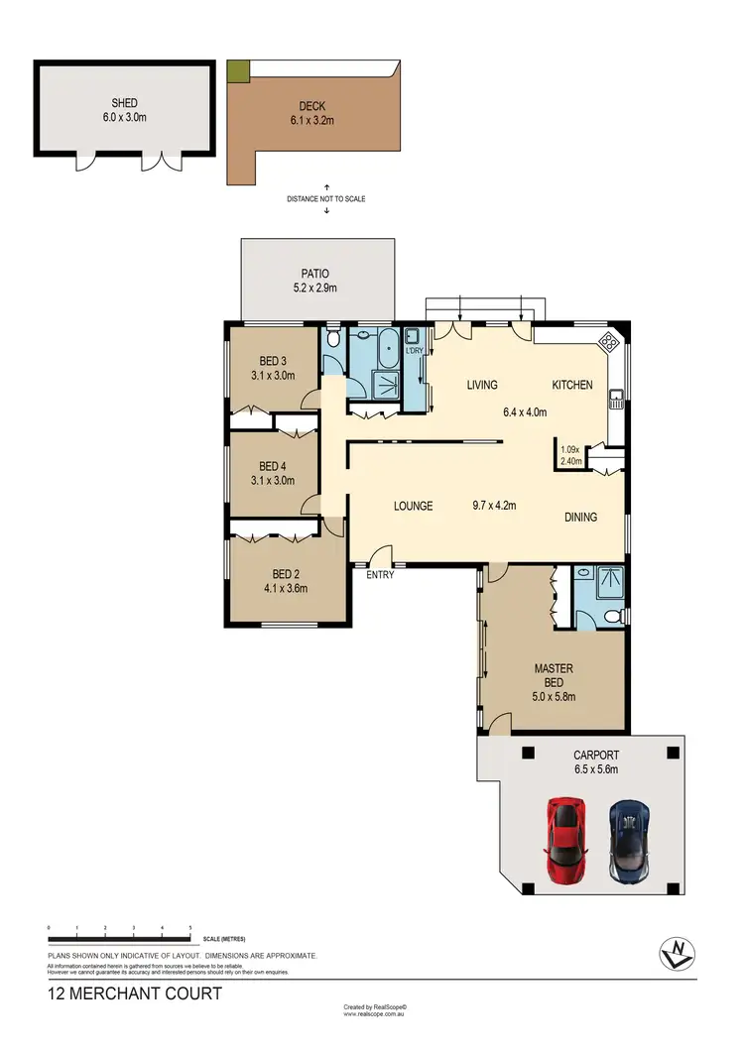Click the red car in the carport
point(564,830)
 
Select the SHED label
point(124,103)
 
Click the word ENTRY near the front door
point(381,574)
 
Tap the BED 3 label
point(273,360)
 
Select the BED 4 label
point(273,466)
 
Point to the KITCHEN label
point(572,385)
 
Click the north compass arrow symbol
point(675,953)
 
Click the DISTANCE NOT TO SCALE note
point(326,198)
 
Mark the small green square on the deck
point(238,71)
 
